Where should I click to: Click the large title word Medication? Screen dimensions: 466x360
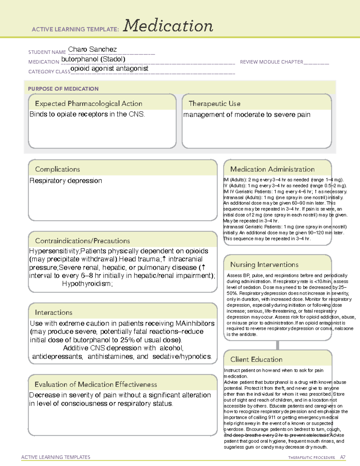click(x=168, y=26)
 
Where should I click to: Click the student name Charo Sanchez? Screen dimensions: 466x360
click(x=92, y=49)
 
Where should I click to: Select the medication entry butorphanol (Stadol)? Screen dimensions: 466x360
click(x=93, y=59)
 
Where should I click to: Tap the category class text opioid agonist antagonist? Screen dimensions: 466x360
click(x=109, y=68)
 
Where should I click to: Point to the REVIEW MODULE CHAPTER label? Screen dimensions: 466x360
click(x=271, y=62)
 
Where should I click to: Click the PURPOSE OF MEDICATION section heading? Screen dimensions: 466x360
click(x=63, y=89)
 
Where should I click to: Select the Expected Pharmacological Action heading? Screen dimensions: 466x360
click(x=88, y=104)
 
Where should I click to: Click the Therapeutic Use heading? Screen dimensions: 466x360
click(x=214, y=104)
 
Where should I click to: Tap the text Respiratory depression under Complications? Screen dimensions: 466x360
click(x=66, y=181)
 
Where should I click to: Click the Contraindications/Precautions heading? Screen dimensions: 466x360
click(x=82, y=241)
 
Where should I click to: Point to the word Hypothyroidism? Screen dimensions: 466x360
click(x=87, y=284)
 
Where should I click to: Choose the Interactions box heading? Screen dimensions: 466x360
click(x=53, y=312)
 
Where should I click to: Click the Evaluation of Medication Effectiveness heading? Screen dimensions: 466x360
click(x=96, y=384)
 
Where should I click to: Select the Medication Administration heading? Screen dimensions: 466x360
click(x=272, y=169)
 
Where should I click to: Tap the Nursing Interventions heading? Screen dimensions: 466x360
click(x=264, y=264)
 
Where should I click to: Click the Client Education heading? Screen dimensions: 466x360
click(x=256, y=359)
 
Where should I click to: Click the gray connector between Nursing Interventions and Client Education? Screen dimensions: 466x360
click(x=277, y=345)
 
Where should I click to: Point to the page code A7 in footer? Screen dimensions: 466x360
click(x=343, y=457)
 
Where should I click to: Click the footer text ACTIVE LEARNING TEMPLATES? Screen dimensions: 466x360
click(x=56, y=457)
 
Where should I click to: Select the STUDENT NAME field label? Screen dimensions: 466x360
click(x=47, y=52)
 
